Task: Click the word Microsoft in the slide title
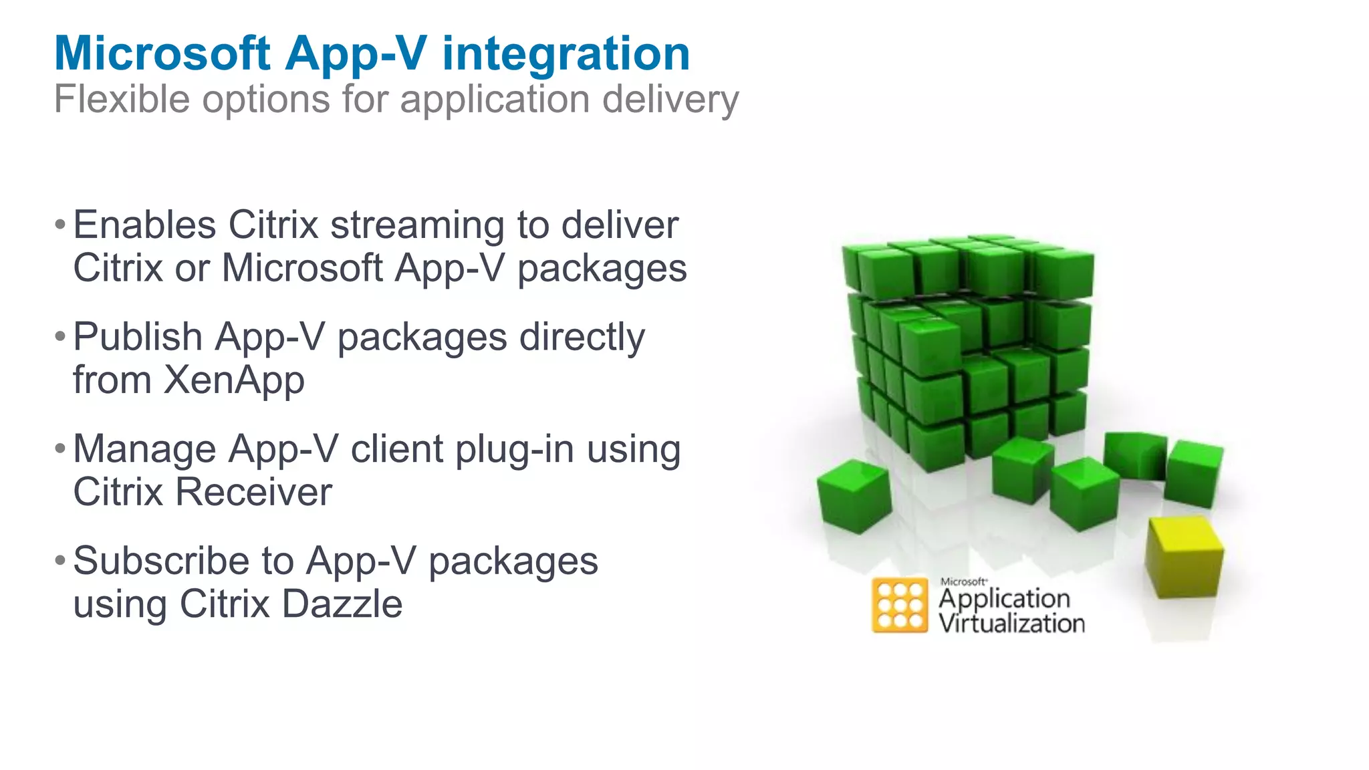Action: (x=162, y=53)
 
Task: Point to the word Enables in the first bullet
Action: (x=144, y=225)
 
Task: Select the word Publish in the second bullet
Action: (x=138, y=337)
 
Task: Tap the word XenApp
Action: (x=234, y=381)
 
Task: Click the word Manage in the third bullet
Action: (x=144, y=449)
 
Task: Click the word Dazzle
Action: (x=342, y=604)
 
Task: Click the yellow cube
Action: (x=1183, y=557)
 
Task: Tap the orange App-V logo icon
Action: (x=900, y=606)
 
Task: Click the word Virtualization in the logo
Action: (x=1011, y=624)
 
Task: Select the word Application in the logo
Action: (x=1004, y=599)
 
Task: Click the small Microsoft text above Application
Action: (x=963, y=582)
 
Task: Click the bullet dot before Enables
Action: (x=60, y=225)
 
